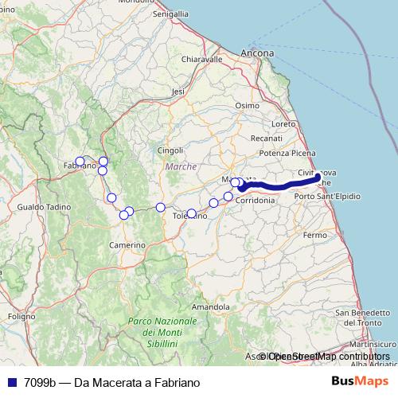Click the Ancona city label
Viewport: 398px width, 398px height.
[258, 53]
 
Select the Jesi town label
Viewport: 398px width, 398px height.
[178, 92]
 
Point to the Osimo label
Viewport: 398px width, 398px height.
[248, 105]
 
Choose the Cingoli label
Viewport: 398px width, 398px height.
[170, 150]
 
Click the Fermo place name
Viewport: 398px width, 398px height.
[315, 236]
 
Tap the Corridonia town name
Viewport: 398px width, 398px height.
[256, 201]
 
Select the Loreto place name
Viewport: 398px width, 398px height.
[283, 123]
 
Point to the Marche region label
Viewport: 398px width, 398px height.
[181, 166]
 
